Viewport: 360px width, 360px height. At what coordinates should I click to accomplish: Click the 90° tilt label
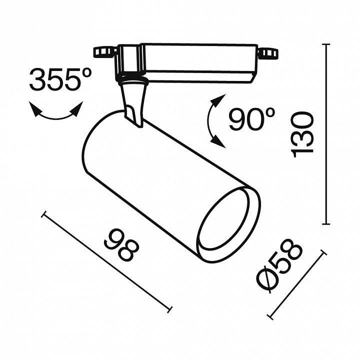[x=252, y=120]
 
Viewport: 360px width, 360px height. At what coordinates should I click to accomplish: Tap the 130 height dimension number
[x=303, y=135]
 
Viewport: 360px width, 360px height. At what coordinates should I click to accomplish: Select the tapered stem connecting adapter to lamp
[x=134, y=102]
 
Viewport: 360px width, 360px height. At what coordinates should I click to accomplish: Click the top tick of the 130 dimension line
[x=327, y=44]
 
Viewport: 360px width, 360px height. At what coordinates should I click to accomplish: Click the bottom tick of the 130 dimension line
[x=327, y=224]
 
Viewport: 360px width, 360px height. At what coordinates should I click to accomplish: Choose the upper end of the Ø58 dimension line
[x=324, y=254]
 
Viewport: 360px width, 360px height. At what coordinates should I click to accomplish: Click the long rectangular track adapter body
[x=195, y=62]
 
